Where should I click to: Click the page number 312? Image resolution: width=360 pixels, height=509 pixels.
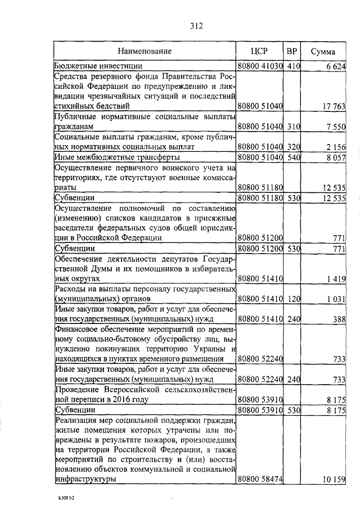click(x=196, y=25)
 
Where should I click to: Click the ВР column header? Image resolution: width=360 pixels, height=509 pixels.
click(x=292, y=51)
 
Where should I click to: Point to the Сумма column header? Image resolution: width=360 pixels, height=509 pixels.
click(x=323, y=52)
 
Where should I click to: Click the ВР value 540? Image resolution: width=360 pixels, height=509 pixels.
click(x=292, y=157)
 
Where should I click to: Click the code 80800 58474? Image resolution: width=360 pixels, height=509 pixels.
click(x=260, y=479)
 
